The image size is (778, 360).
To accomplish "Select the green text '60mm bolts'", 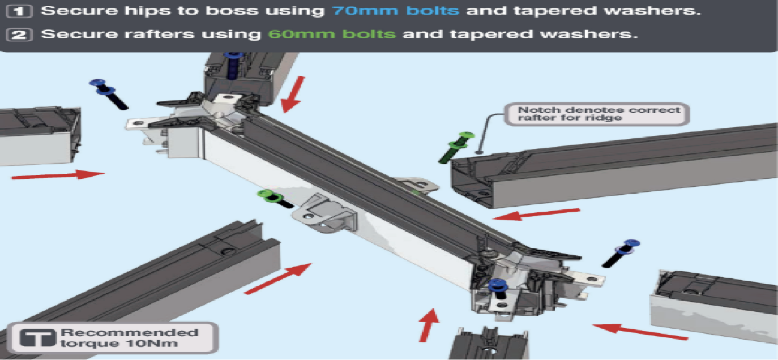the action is click(331, 34).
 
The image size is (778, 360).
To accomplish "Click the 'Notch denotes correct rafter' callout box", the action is click(599, 114).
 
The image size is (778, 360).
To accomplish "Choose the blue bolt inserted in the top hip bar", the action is click(232, 65).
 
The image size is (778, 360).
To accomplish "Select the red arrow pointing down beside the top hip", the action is click(295, 93).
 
